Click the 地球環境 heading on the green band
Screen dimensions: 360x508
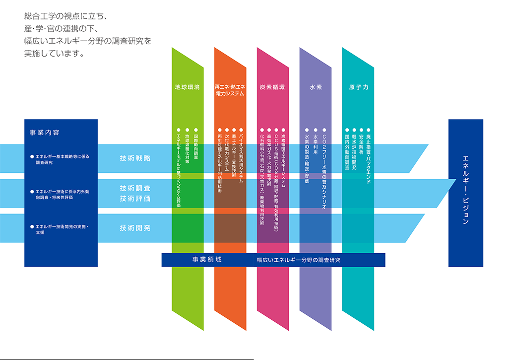187,87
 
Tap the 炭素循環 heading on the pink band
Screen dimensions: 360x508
272,87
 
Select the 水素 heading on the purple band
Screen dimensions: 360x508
316,87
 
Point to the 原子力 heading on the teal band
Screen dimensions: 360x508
358,87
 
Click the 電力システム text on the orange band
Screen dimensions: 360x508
230,93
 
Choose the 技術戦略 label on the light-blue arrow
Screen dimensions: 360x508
135,158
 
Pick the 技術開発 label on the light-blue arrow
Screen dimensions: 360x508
135,228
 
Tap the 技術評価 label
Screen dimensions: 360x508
135,198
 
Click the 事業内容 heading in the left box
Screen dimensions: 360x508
45,133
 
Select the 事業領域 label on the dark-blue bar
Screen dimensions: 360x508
207,259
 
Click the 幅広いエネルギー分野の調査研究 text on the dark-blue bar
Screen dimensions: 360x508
298,260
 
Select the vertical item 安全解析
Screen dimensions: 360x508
361,144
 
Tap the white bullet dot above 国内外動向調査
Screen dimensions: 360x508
346,130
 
